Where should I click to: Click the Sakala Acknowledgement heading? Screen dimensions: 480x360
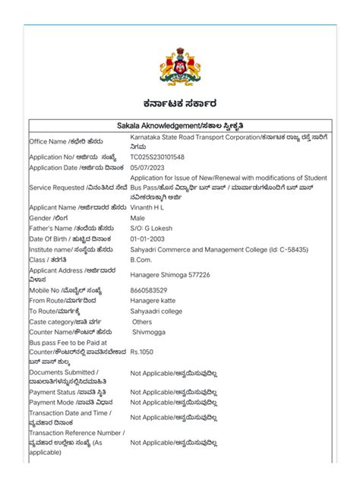tap(180, 125)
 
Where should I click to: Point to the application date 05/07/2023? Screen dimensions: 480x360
tap(149, 167)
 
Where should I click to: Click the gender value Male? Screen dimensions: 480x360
tap(137, 217)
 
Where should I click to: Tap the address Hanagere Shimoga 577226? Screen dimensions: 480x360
tap(170, 274)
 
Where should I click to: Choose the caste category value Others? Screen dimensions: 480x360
tap(142, 322)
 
